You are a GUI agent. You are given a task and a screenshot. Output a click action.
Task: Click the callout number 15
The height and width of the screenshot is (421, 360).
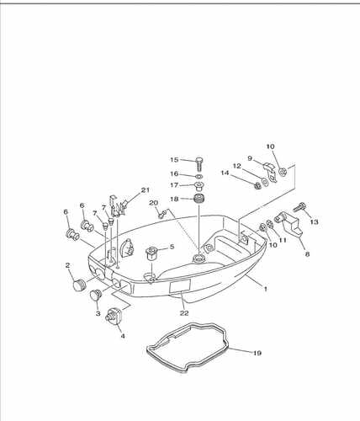[x=174, y=160]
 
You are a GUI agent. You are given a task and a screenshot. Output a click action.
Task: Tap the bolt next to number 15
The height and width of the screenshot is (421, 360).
[x=199, y=163]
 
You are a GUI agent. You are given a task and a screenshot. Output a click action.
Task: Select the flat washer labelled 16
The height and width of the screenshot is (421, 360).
[x=199, y=176]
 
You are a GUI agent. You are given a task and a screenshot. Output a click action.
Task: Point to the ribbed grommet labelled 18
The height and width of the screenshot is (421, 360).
[x=199, y=200]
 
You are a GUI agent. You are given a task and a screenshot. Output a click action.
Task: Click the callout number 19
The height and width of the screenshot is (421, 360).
[x=257, y=353]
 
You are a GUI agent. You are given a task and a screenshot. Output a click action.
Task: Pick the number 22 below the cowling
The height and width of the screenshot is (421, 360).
[x=184, y=313]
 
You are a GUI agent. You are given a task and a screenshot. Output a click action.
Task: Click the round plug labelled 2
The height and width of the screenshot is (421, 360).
[x=78, y=285]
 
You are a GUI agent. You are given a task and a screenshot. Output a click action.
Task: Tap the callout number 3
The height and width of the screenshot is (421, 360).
[x=98, y=313]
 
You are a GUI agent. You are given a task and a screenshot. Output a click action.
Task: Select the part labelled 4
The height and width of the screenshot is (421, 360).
[x=115, y=316]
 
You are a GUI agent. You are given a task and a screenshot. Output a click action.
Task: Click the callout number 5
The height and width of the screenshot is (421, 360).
[x=172, y=247]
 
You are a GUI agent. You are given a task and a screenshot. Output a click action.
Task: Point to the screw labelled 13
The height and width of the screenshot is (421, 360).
[x=299, y=208]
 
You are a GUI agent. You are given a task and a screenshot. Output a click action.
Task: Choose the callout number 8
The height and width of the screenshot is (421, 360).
[x=307, y=254]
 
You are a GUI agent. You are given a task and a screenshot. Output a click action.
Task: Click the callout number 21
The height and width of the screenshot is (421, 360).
[x=145, y=190]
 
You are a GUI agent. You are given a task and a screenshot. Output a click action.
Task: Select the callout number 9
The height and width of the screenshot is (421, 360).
[x=250, y=158]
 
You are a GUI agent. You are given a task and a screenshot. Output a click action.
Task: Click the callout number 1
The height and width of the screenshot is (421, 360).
[x=265, y=288]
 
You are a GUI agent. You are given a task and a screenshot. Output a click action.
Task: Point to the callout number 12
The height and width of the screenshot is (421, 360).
[x=237, y=166]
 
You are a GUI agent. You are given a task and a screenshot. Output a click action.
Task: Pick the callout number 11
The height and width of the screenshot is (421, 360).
[x=283, y=240]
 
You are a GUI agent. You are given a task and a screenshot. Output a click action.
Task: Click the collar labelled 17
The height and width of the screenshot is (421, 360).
[x=199, y=186]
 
